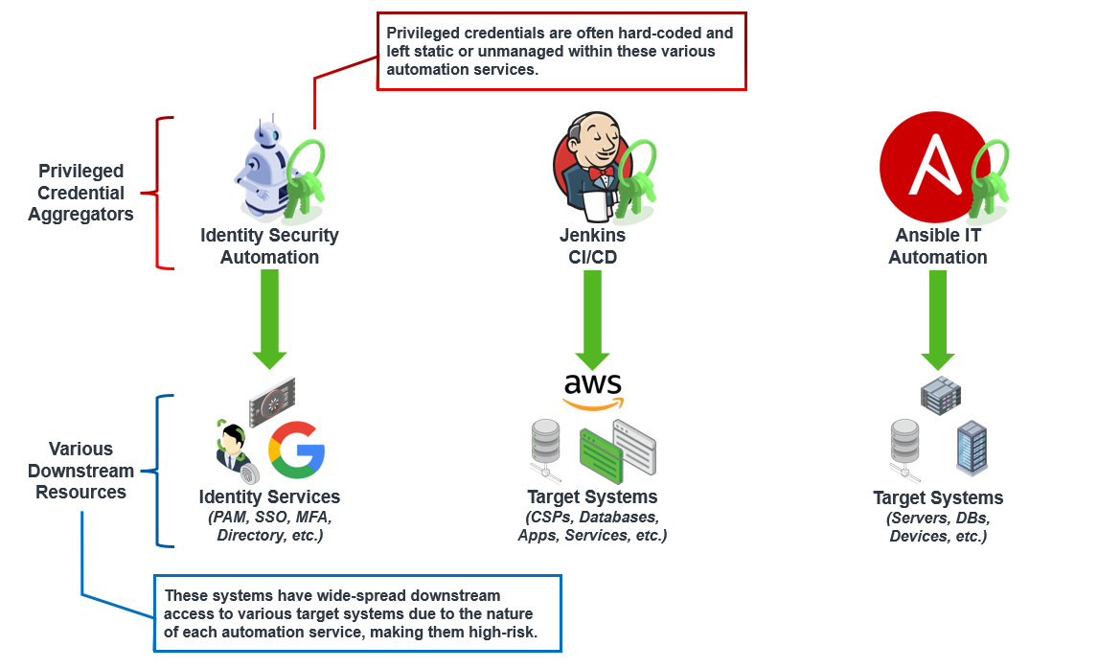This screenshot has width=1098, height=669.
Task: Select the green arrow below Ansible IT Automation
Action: (937, 319)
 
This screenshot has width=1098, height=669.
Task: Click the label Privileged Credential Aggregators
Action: (81, 193)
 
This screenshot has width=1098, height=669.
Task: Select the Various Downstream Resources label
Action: (81, 471)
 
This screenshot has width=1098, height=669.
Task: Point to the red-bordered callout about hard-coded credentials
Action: (560, 51)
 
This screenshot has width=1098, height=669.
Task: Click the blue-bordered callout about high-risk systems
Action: (357, 613)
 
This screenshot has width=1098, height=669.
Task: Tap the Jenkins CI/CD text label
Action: (592, 246)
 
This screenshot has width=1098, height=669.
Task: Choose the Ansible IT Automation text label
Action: (937, 246)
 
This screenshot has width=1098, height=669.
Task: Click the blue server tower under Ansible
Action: (971, 448)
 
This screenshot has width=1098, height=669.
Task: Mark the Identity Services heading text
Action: (269, 497)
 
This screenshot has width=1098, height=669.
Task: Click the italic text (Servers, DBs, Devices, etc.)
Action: (938, 527)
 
